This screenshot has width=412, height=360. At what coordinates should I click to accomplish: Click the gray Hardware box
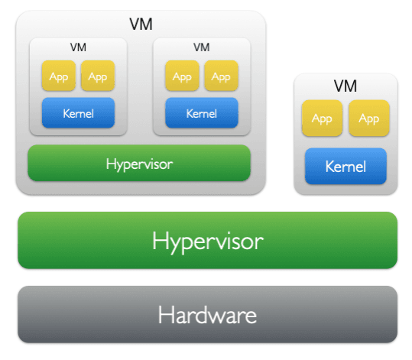pyautogui.click(x=208, y=314)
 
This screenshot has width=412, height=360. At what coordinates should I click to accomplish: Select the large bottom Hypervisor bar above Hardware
pyautogui.click(x=208, y=240)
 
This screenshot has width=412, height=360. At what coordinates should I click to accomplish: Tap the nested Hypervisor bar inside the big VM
pyautogui.click(x=139, y=163)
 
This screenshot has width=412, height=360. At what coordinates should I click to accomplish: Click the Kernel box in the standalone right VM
pyautogui.click(x=345, y=166)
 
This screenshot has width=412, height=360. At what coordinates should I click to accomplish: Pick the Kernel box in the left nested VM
pyautogui.click(x=78, y=112)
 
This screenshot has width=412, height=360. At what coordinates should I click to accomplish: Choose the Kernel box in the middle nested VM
pyautogui.click(x=202, y=112)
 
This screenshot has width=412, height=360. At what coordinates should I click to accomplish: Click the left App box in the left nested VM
pyautogui.click(x=59, y=76)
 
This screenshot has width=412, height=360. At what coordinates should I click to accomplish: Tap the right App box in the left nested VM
pyautogui.click(x=98, y=76)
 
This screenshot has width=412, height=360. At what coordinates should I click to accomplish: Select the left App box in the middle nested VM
pyautogui.click(x=182, y=76)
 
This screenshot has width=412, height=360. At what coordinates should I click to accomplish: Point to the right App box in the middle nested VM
pyautogui.click(x=221, y=76)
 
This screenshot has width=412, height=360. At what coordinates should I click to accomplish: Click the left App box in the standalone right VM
pyautogui.click(x=322, y=118)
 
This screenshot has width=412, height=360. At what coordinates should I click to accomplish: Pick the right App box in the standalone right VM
pyautogui.click(x=369, y=118)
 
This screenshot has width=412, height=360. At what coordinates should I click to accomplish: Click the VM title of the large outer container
pyautogui.click(x=141, y=24)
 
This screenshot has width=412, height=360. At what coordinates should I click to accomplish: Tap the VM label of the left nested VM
pyautogui.click(x=78, y=47)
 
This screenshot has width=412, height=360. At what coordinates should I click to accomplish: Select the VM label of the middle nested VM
pyautogui.click(x=202, y=47)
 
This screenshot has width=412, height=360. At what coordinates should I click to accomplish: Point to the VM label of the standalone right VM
pyautogui.click(x=345, y=86)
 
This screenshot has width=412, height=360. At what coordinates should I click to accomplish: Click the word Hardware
pyautogui.click(x=207, y=315)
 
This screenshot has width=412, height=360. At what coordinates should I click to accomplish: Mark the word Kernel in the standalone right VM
pyautogui.click(x=345, y=167)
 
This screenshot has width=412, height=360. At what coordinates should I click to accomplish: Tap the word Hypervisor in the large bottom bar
pyautogui.click(x=208, y=242)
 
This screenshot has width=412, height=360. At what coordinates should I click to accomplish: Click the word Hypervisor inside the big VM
pyautogui.click(x=139, y=164)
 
